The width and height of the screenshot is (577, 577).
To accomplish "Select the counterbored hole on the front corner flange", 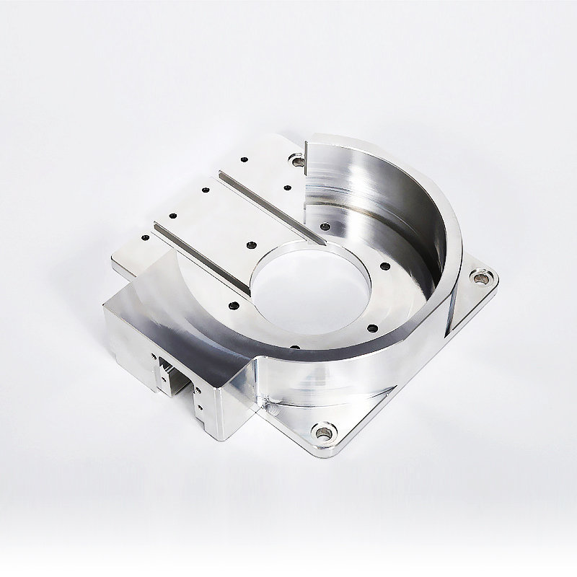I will [322, 433].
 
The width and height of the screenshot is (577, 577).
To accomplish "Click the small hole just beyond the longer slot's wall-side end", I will [325, 226].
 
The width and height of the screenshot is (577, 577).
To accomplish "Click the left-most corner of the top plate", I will [113, 261].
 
